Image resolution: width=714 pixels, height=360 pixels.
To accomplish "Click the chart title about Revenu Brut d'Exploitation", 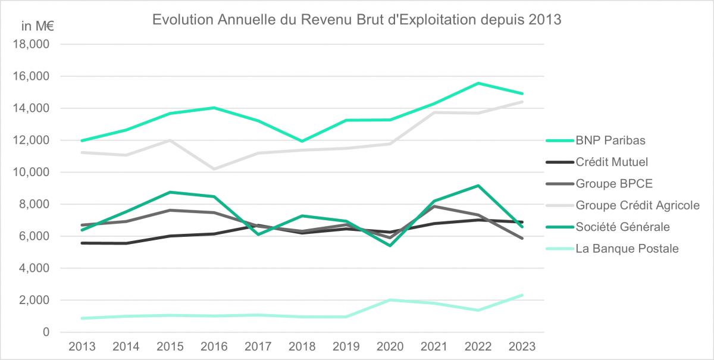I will (x=357, y=20).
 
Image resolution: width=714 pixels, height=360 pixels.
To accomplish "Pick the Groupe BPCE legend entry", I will (x=609, y=183).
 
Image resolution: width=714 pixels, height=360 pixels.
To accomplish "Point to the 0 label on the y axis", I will (x=46, y=332).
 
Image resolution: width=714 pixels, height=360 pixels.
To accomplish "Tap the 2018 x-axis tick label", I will (x=302, y=346).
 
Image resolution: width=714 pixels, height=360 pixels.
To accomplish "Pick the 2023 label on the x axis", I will (x=522, y=346).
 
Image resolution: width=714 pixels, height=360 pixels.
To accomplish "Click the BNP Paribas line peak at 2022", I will (x=478, y=83).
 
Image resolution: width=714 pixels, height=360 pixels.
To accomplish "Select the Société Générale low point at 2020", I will (x=390, y=245).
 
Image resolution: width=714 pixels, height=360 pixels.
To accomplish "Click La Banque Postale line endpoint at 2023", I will (x=522, y=295).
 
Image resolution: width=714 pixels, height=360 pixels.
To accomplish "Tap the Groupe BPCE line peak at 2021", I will (x=434, y=206).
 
